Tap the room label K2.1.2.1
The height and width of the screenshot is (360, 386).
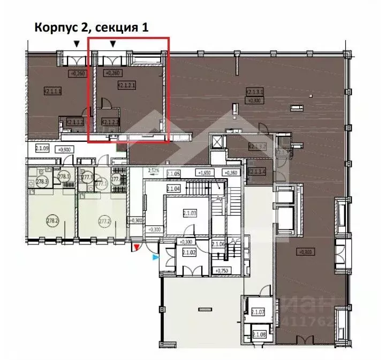click(126, 85)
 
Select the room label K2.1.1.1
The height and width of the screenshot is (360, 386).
click(52, 91)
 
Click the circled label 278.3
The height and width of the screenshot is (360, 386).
click(41, 182)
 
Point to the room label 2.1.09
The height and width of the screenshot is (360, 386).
click(42, 149)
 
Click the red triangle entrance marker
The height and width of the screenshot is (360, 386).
click(137, 247)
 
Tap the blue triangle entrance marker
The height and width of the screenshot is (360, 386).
click(155, 257)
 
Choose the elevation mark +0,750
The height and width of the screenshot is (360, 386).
click(221, 271)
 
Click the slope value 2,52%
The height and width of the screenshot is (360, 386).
click(154, 171)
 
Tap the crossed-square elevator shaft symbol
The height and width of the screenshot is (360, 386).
click(217, 142)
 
